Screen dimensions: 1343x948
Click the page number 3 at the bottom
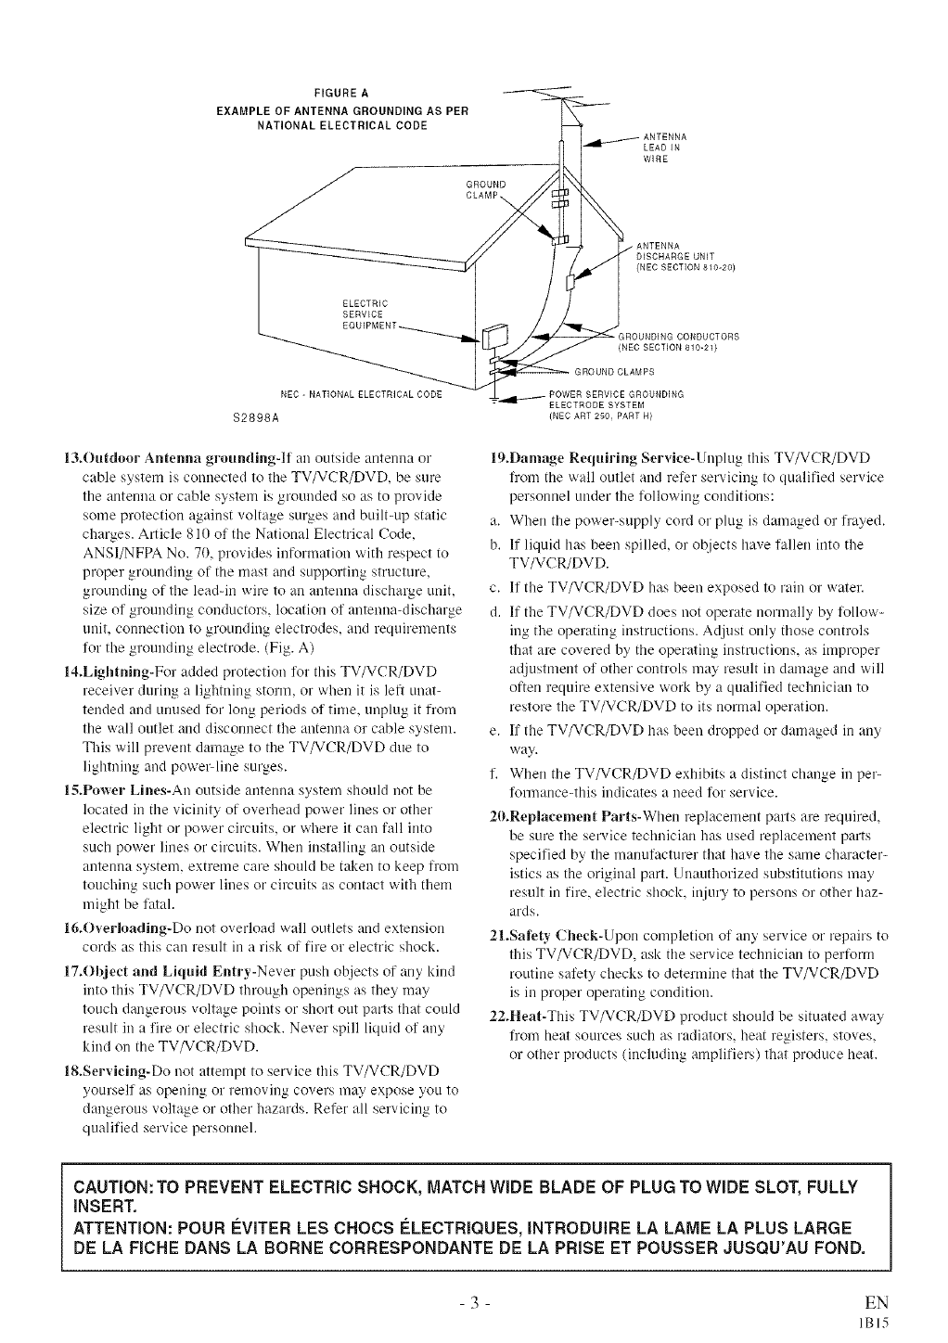click(x=473, y=1301)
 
